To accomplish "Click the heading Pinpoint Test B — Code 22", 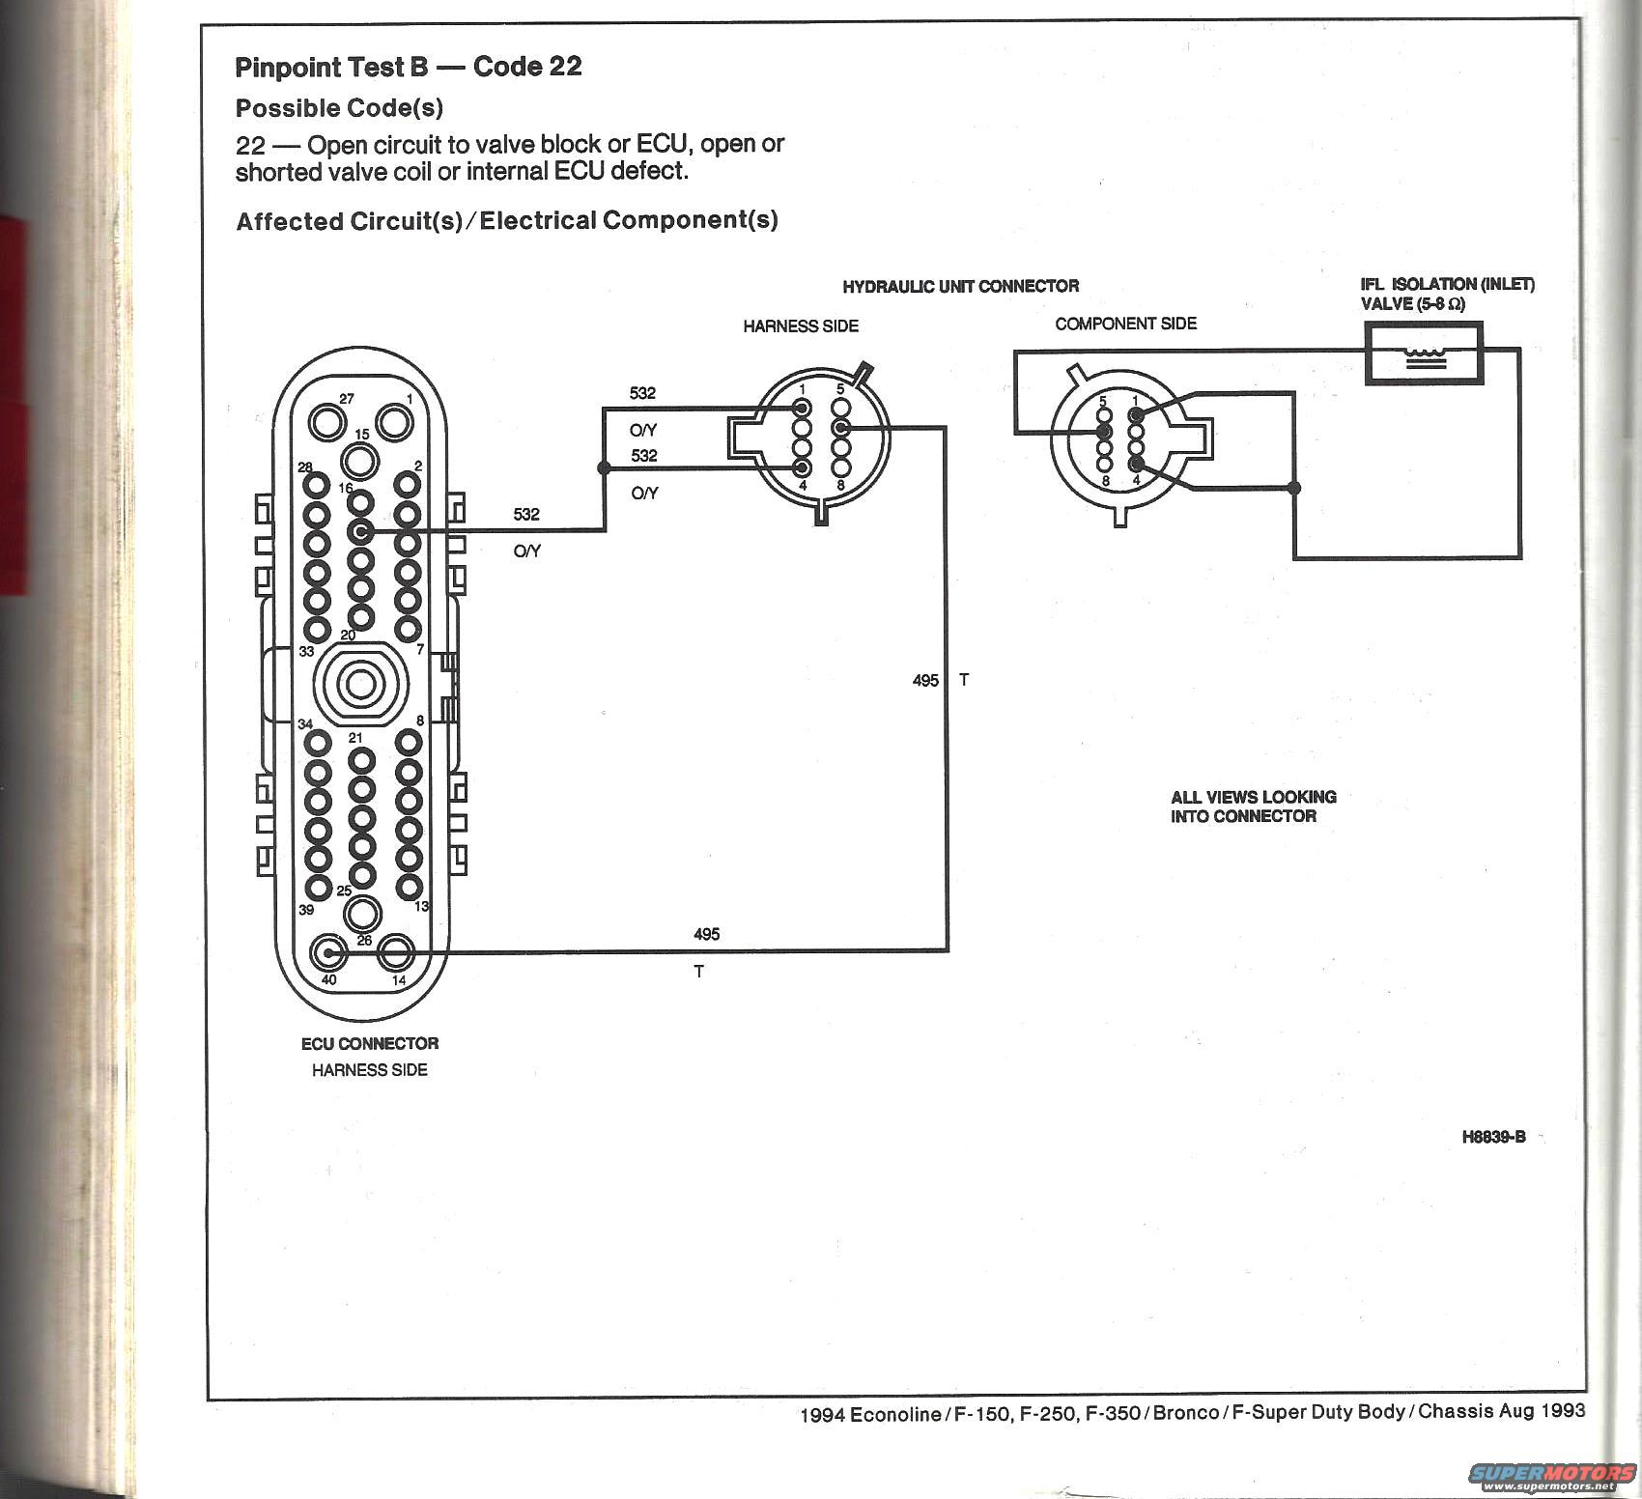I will click(x=409, y=67).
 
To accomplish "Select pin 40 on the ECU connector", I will click(x=328, y=953).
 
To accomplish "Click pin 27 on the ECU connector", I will click(x=327, y=422).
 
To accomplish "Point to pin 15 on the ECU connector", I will click(x=360, y=462).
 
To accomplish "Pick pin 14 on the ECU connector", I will click(x=395, y=953).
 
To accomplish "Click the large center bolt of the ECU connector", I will click(x=360, y=685).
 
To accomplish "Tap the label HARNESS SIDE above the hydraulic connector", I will click(x=801, y=326).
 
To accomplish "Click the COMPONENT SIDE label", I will click(x=1125, y=324).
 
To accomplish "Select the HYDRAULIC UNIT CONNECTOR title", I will click(x=960, y=286).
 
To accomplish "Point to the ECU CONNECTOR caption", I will click(x=370, y=1043).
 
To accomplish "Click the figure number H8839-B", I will click(x=1493, y=1137).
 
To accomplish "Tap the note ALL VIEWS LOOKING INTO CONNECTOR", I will click(x=1253, y=806).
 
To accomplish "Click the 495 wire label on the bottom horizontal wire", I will click(x=706, y=934).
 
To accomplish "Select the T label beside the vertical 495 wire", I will click(x=964, y=680).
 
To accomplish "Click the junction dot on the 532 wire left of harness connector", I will click(x=605, y=467).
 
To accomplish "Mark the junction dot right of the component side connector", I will click(x=1294, y=488).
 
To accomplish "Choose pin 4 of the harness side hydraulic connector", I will click(x=802, y=468).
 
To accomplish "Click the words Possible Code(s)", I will click(x=339, y=108).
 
